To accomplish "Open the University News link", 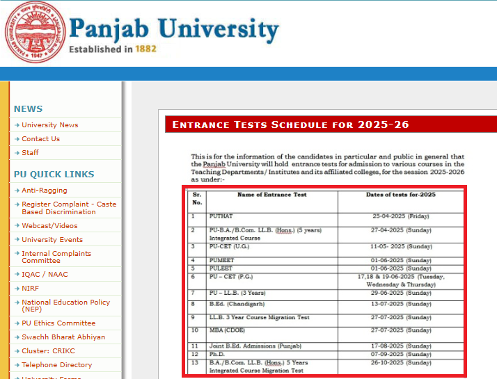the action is click(49, 125).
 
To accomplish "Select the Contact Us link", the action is click(40, 139).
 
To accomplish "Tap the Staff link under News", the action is click(30, 153).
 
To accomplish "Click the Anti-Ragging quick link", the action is click(45, 191).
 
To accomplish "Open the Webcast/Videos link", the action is click(49, 226).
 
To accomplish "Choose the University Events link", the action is click(52, 240).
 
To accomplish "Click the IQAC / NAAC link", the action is click(45, 275).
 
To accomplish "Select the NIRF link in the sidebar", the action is click(31, 289).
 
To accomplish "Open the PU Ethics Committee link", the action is click(58, 323).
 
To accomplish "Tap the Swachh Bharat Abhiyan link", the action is click(63, 337).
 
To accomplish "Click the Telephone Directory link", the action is click(56, 365).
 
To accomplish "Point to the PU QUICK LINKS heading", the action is click(54, 175).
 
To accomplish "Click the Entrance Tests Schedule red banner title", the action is click(290, 125).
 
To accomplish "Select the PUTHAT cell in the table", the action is click(221, 217).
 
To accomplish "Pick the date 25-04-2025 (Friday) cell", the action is click(400, 217).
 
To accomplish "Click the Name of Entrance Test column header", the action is click(271, 195).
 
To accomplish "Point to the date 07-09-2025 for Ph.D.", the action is click(400, 355).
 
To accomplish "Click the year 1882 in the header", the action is click(146, 49).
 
